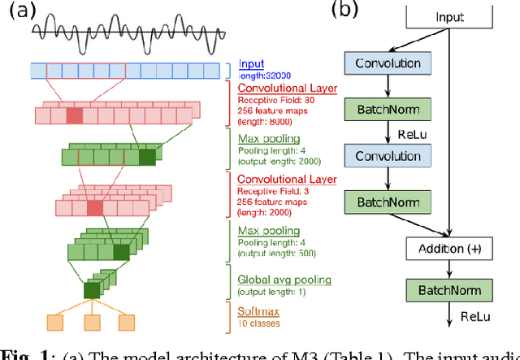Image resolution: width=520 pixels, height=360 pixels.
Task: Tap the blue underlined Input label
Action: click(x=252, y=63)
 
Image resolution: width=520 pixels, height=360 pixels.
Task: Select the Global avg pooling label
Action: click(x=284, y=280)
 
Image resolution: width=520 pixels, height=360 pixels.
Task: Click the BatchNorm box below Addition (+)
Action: click(x=450, y=289)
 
